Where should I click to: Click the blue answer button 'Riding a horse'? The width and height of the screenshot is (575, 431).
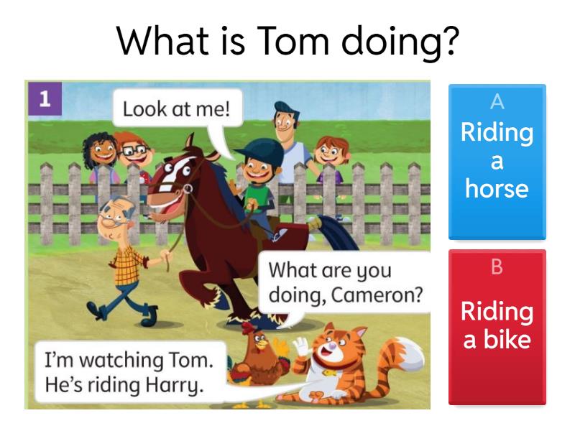tap(497, 162)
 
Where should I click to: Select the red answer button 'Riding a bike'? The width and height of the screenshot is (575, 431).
tap(497, 328)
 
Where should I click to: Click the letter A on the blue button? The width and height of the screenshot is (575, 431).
tap(497, 103)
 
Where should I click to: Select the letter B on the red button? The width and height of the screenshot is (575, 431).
tap(497, 268)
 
